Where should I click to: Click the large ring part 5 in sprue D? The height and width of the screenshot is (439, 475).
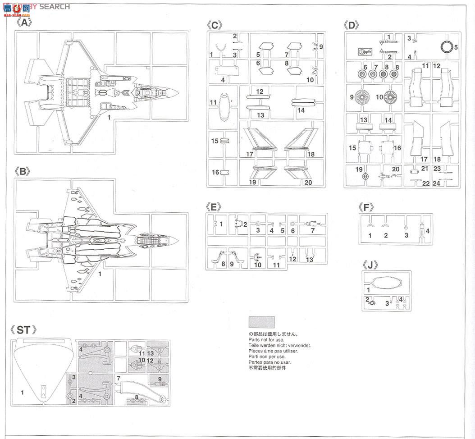pos(446,46)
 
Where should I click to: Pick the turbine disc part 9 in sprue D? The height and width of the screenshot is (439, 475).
pos(361,97)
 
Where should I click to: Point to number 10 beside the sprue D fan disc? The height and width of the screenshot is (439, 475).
pos(379,97)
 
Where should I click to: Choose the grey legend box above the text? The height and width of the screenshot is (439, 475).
pos(261,322)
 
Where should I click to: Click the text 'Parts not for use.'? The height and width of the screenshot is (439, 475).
pos(266,340)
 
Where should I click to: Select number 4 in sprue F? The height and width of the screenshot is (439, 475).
pos(428,231)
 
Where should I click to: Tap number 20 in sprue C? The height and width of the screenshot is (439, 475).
pos(308,183)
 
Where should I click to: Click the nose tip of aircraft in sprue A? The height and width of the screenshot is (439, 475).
pos(178,93)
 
